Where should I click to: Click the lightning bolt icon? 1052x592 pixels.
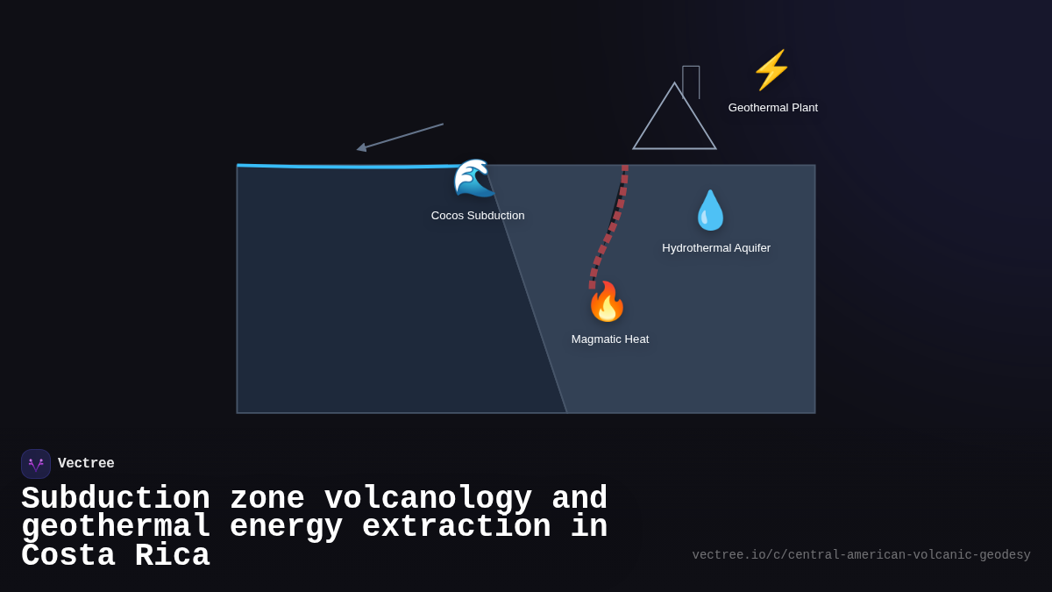[x=771, y=70]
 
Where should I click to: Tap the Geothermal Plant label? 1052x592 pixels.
[x=772, y=108]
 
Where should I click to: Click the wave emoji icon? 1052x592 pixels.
[x=473, y=179]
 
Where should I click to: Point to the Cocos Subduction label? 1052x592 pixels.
[x=478, y=216]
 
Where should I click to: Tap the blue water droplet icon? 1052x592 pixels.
[x=710, y=210]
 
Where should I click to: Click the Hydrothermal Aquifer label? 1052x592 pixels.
[x=716, y=248]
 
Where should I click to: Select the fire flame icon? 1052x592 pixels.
[x=607, y=303]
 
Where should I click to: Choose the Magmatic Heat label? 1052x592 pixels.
[x=610, y=339]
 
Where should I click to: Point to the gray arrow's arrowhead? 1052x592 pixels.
[x=361, y=148]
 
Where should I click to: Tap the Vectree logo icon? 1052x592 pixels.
[x=36, y=464]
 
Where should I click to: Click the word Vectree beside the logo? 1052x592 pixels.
[x=86, y=464]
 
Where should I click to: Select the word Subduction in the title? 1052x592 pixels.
[x=116, y=499]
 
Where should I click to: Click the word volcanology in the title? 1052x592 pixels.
[x=428, y=499]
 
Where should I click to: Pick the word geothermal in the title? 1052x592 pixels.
[x=116, y=527]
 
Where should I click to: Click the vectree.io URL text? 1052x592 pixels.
[x=861, y=555]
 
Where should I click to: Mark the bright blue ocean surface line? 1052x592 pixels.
[x=351, y=166]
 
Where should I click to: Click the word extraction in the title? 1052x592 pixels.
[x=456, y=527]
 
